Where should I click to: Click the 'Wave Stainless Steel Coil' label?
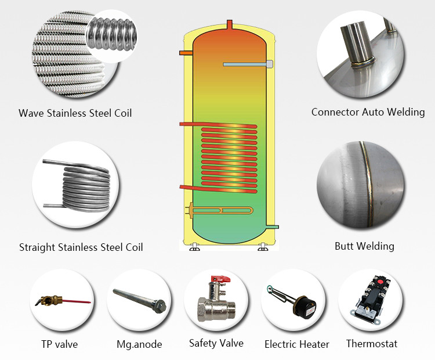pyautogui.click(x=75, y=113)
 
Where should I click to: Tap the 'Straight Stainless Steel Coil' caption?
pyautogui.click(x=81, y=247)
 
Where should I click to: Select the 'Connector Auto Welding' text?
pyautogui.click(x=368, y=112)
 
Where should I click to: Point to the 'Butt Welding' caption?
pyautogui.click(x=364, y=246)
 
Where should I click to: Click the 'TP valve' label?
pyautogui.click(x=59, y=344)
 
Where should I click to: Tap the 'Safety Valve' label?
pyautogui.click(x=216, y=343)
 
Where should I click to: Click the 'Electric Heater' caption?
pyautogui.click(x=297, y=344)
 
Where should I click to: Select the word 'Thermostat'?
pyautogui.click(x=372, y=344)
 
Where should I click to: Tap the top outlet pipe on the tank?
pyautogui.click(x=229, y=26)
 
